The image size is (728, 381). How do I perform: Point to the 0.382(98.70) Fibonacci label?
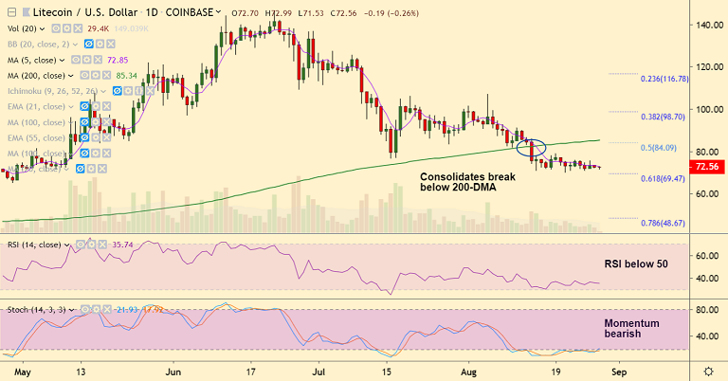(x=655, y=115)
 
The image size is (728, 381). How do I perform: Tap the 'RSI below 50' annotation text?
(x=638, y=264)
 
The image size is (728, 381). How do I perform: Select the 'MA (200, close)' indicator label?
(x=40, y=74)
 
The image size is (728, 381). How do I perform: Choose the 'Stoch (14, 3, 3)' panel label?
(x=38, y=309)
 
